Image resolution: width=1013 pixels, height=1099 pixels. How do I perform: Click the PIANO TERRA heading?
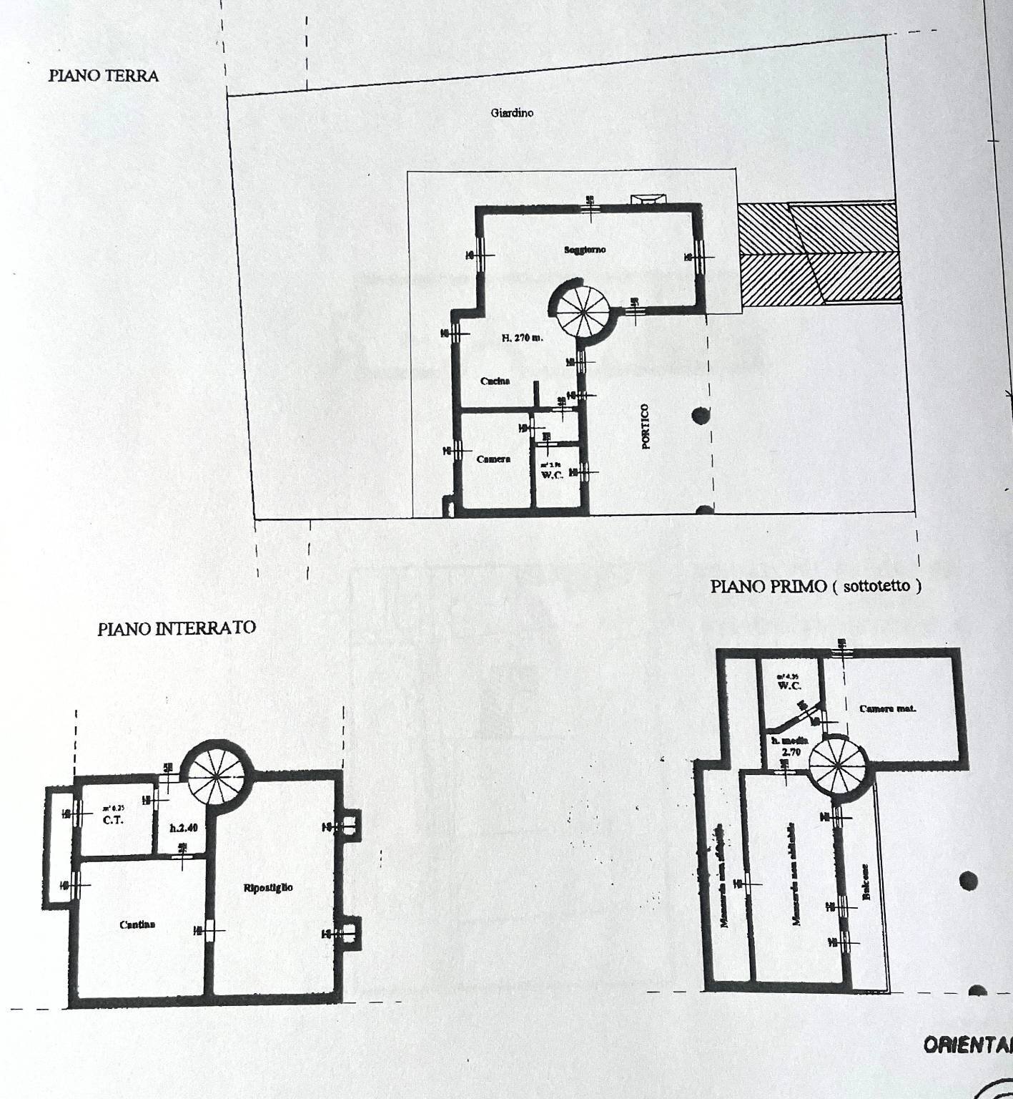(104, 76)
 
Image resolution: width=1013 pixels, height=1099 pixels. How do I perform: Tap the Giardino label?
(512, 112)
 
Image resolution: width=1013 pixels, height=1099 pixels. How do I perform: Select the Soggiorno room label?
(584, 250)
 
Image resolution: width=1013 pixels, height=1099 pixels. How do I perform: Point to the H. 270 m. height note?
(521, 338)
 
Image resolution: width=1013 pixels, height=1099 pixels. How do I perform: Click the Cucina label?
(495, 381)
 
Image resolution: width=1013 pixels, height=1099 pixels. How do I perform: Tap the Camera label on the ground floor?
(493, 459)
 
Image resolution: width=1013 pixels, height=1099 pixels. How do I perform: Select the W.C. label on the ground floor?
(553, 474)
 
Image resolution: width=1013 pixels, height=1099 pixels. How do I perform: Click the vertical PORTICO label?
(646, 426)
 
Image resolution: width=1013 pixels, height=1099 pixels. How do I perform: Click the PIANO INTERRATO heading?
(177, 628)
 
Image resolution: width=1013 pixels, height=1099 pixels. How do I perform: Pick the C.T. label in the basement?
(113, 820)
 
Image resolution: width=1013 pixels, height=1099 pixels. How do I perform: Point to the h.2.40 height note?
(183, 828)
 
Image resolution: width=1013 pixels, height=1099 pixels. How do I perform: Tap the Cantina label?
(137, 924)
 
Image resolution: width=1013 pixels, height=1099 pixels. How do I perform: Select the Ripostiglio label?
(268, 887)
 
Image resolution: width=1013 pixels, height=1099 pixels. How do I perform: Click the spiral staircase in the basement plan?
(214, 776)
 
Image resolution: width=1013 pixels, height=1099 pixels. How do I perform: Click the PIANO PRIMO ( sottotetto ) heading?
(816, 586)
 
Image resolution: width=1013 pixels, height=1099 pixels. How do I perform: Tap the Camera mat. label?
(887, 709)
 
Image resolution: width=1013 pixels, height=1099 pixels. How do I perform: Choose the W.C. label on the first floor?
(789, 685)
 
